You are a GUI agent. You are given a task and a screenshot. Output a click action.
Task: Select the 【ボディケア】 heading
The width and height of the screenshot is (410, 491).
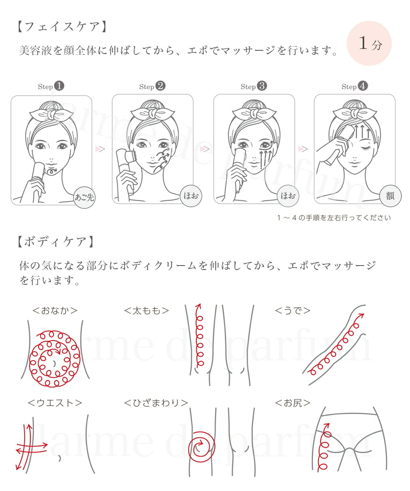(x=55, y=242)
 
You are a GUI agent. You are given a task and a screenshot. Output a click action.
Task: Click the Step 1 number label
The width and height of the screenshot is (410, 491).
(x=51, y=86)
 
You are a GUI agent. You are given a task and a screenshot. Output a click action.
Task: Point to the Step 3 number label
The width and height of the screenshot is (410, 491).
(x=254, y=86)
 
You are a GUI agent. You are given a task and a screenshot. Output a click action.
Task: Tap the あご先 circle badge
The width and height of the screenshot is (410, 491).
(x=84, y=197)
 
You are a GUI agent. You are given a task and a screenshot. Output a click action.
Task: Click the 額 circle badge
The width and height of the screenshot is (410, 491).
(x=389, y=196)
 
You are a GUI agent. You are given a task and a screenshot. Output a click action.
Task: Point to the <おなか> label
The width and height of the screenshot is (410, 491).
(x=55, y=311)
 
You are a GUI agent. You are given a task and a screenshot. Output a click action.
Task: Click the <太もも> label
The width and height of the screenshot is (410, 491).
(x=146, y=311)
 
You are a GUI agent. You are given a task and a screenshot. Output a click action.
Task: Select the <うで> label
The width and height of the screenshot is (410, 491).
(x=292, y=311)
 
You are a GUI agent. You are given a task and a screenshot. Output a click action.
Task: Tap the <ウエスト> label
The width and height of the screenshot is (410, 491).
(x=55, y=403)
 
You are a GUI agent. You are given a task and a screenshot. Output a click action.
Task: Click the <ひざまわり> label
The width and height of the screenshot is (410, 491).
(x=156, y=403)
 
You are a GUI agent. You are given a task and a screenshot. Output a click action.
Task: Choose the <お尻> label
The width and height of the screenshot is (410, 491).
(x=292, y=403)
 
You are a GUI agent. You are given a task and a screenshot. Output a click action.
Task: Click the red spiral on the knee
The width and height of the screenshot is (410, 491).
(x=201, y=444)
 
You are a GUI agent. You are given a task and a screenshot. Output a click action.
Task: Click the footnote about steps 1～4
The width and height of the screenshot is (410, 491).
(x=334, y=218)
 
